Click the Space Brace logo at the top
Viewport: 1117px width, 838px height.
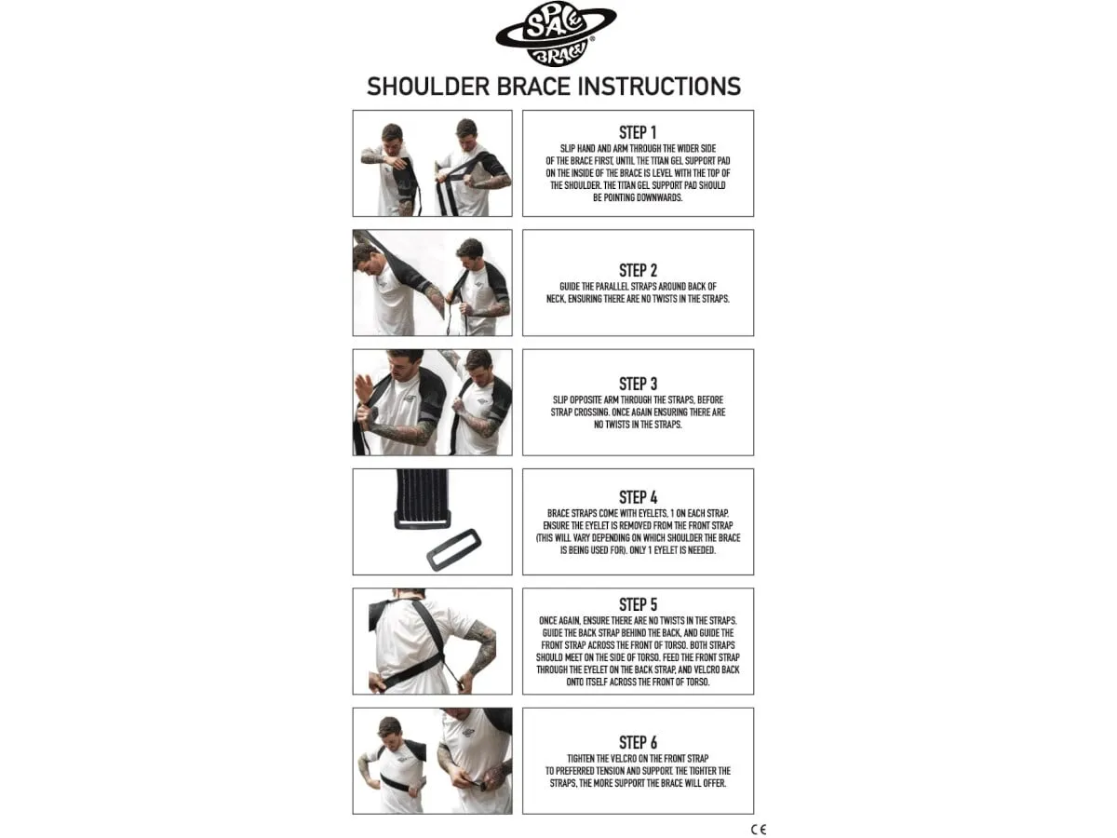[x=556, y=34]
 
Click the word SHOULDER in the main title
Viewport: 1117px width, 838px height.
[x=428, y=87]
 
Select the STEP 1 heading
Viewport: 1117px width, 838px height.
[x=638, y=132]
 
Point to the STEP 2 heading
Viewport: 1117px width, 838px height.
[x=638, y=270]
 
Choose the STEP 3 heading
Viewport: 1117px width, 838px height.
[x=638, y=384]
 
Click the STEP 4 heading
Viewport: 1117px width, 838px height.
[x=638, y=497]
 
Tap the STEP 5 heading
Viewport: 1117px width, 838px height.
[x=638, y=604]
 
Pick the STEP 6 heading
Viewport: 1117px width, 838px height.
[x=638, y=742]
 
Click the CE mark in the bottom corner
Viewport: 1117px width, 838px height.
[x=759, y=830]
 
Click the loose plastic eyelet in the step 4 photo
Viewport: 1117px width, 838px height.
[x=453, y=549]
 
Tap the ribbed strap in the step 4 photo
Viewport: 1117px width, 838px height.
[x=423, y=499]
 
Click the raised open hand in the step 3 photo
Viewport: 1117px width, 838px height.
[x=364, y=389]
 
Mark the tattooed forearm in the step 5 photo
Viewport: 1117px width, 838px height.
[x=480, y=653]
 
